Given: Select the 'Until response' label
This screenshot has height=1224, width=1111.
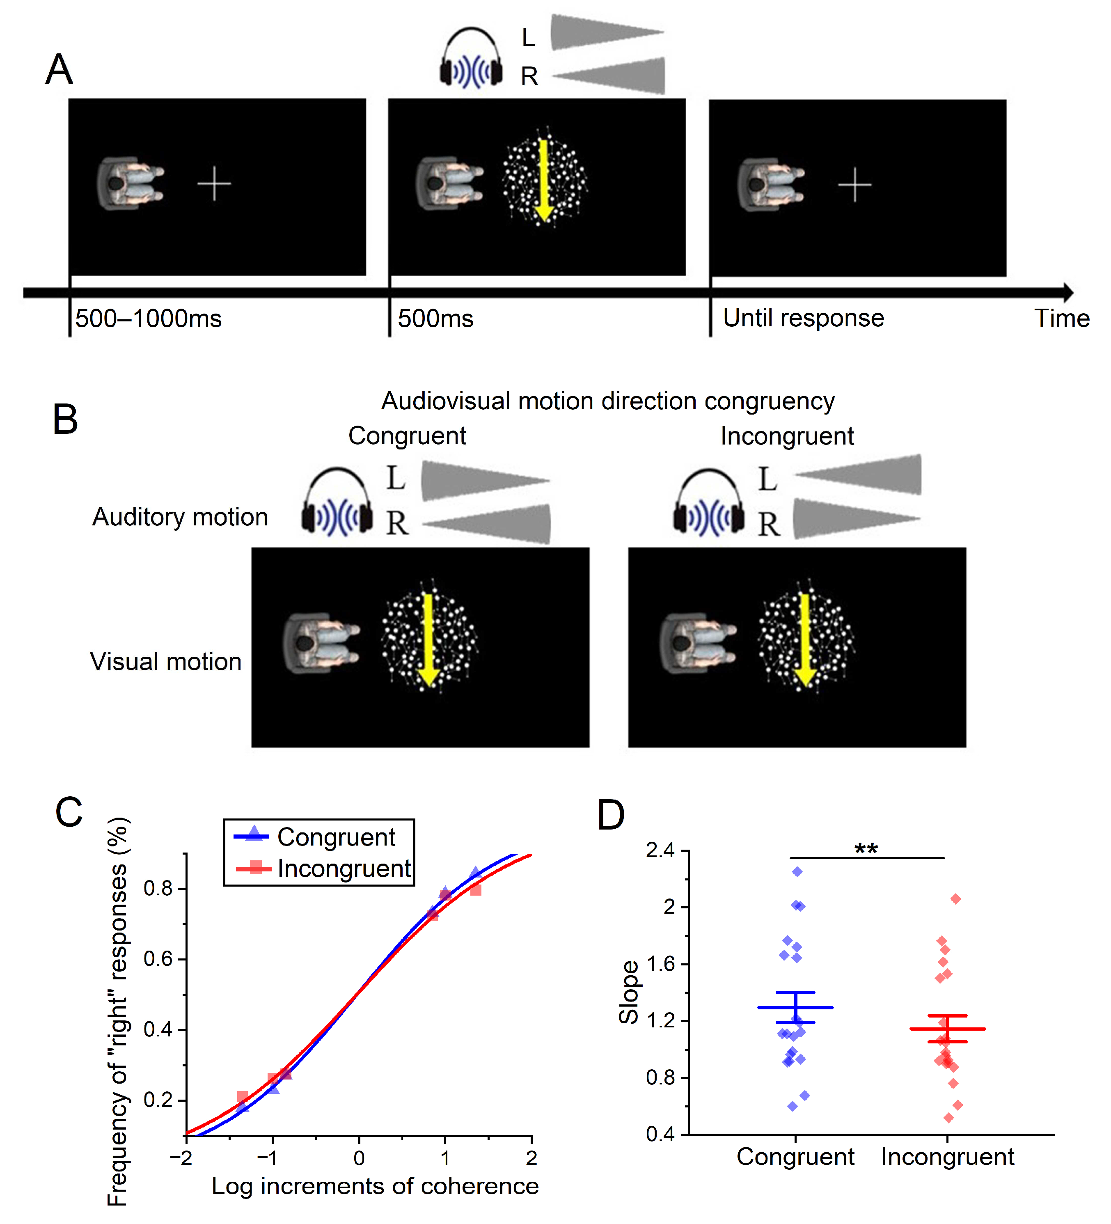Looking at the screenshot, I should (803, 318).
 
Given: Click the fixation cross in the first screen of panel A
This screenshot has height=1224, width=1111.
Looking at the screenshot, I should (214, 183).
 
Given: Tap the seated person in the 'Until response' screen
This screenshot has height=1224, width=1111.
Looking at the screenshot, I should (770, 185).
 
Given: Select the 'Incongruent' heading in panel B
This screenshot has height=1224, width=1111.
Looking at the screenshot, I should (787, 436).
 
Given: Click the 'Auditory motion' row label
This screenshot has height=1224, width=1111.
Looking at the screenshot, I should (180, 517).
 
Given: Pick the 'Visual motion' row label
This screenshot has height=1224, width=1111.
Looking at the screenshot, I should (166, 662).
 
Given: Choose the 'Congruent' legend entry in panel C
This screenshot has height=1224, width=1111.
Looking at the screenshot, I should (336, 837).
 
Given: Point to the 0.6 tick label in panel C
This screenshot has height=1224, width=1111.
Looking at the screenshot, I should (158, 959).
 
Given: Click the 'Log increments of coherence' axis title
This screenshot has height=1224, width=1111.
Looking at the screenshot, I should (375, 1186).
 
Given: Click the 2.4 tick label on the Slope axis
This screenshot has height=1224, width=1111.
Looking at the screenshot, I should (660, 850).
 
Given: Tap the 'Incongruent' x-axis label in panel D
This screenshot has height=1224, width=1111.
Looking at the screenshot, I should (947, 1157).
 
